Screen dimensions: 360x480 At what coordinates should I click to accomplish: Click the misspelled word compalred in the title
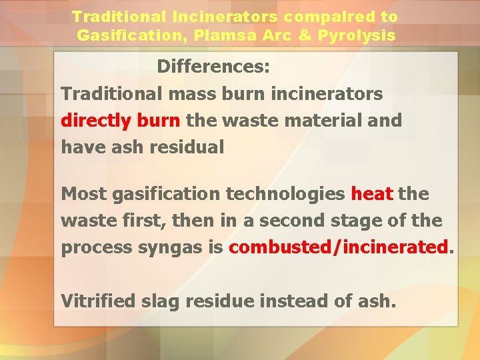click(x=288, y=17)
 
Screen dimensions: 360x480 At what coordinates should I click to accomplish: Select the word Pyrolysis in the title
click(x=364, y=35)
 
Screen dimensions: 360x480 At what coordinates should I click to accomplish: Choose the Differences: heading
click(x=213, y=67)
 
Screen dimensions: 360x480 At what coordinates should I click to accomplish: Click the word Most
click(x=84, y=194)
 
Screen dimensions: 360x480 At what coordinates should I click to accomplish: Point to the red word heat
click(x=372, y=194)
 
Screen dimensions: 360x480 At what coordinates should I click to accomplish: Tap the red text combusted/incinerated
click(x=339, y=247)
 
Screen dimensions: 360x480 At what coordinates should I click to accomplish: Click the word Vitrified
click(x=97, y=301)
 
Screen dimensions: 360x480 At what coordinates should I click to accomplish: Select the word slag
click(x=160, y=301)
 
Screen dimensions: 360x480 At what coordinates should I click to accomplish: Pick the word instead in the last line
click(x=295, y=301)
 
